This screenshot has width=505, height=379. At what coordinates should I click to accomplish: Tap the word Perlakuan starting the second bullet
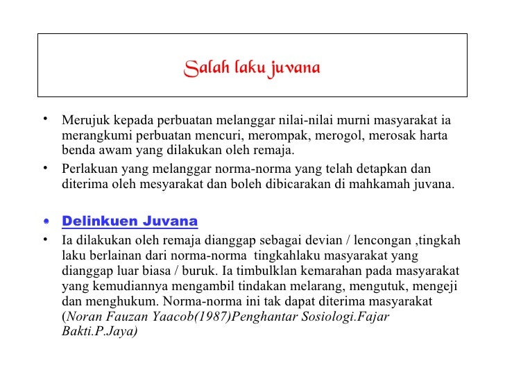[x=88, y=169]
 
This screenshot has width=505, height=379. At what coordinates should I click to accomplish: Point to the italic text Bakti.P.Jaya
[x=96, y=332]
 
